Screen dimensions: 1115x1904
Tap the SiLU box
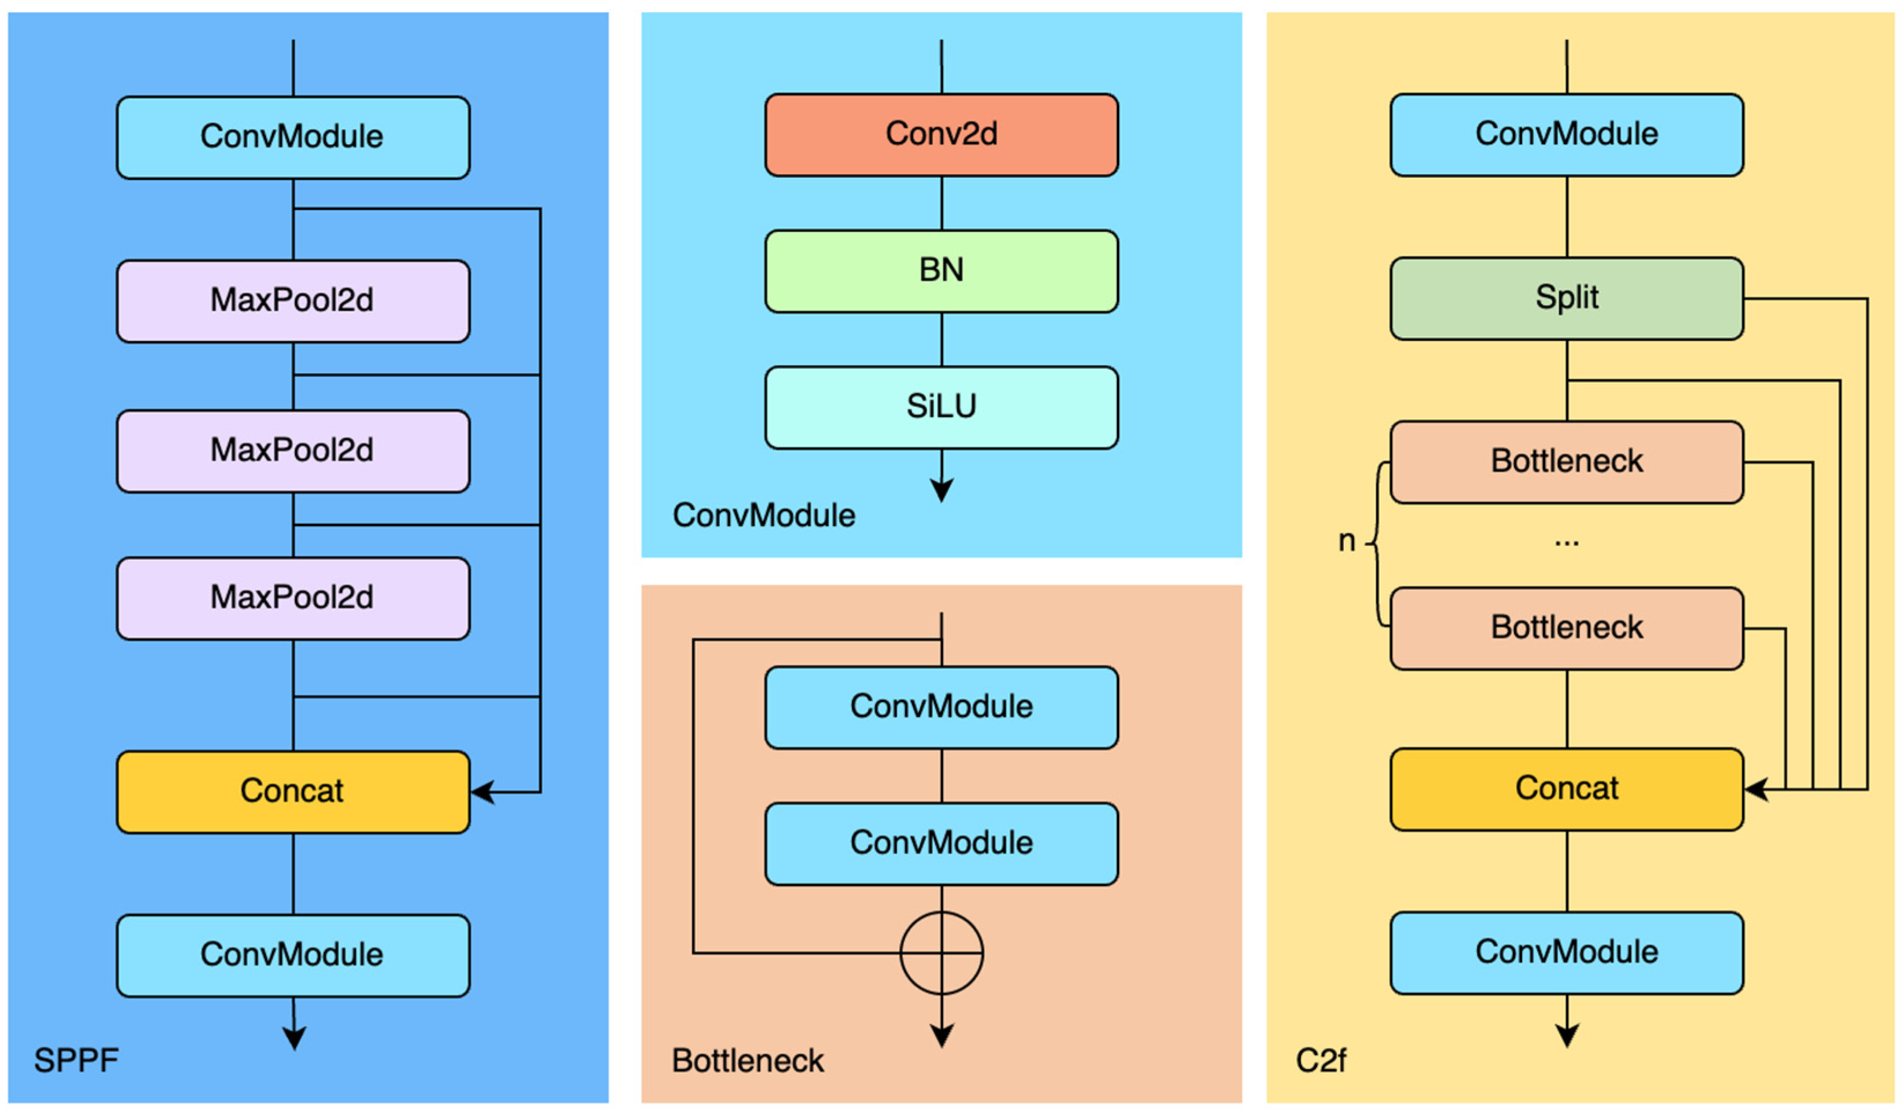[942, 408]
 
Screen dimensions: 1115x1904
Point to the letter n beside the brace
[1346, 541]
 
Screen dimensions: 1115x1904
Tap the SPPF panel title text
[76, 1061]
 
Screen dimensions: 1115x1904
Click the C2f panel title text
[1320, 1061]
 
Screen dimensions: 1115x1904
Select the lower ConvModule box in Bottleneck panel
[942, 843]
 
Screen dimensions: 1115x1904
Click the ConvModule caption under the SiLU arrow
[763, 515]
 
